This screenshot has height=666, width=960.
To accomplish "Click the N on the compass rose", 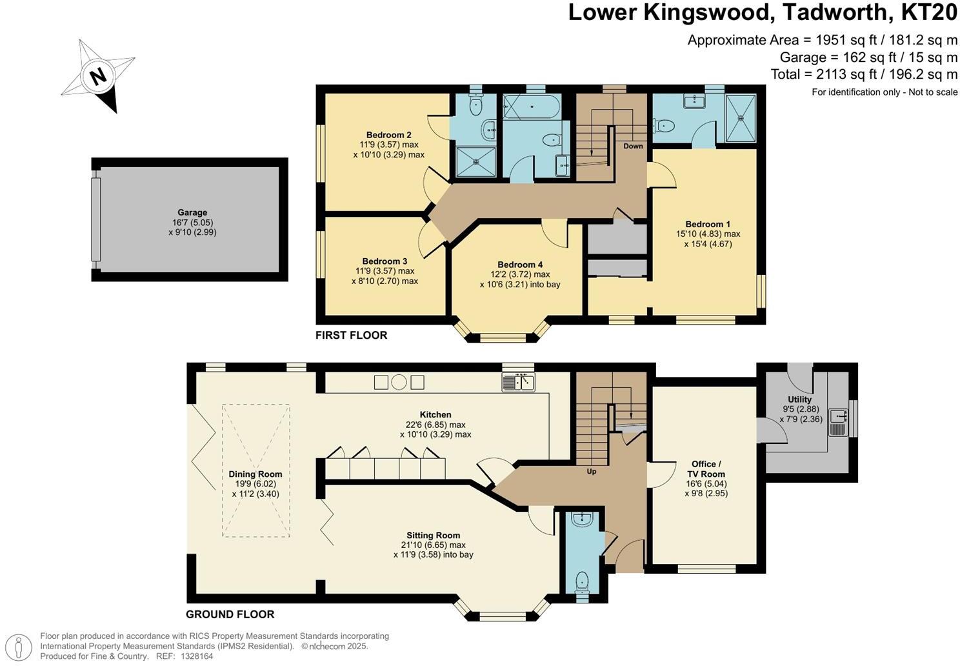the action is tap(99, 77).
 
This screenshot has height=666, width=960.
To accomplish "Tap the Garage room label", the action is tap(192, 212).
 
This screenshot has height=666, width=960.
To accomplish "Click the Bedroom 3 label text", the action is tap(385, 261).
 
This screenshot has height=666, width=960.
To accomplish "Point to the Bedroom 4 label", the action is tap(520, 265).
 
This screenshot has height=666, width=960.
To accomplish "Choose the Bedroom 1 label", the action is tap(708, 224).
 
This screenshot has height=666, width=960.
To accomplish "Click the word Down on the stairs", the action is tap(633, 146).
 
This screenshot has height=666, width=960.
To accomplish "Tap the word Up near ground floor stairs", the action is tap(592, 472).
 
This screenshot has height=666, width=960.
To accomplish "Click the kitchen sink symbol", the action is tap(518, 382).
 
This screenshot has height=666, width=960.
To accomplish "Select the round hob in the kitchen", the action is tap(399, 382).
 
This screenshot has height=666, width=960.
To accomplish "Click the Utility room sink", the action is tap(838, 423).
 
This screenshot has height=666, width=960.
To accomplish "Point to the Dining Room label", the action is tap(255, 474).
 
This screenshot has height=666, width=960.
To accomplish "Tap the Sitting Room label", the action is tap(434, 535).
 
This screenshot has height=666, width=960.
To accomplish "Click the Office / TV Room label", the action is tap(706, 469).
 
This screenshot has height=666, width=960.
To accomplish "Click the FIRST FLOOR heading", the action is tap(352, 335).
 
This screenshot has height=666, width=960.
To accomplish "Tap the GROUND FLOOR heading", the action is tap(230, 614).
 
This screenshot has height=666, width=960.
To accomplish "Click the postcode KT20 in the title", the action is tap(929, 12).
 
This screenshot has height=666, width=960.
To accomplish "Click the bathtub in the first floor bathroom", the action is tap(532, 106).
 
